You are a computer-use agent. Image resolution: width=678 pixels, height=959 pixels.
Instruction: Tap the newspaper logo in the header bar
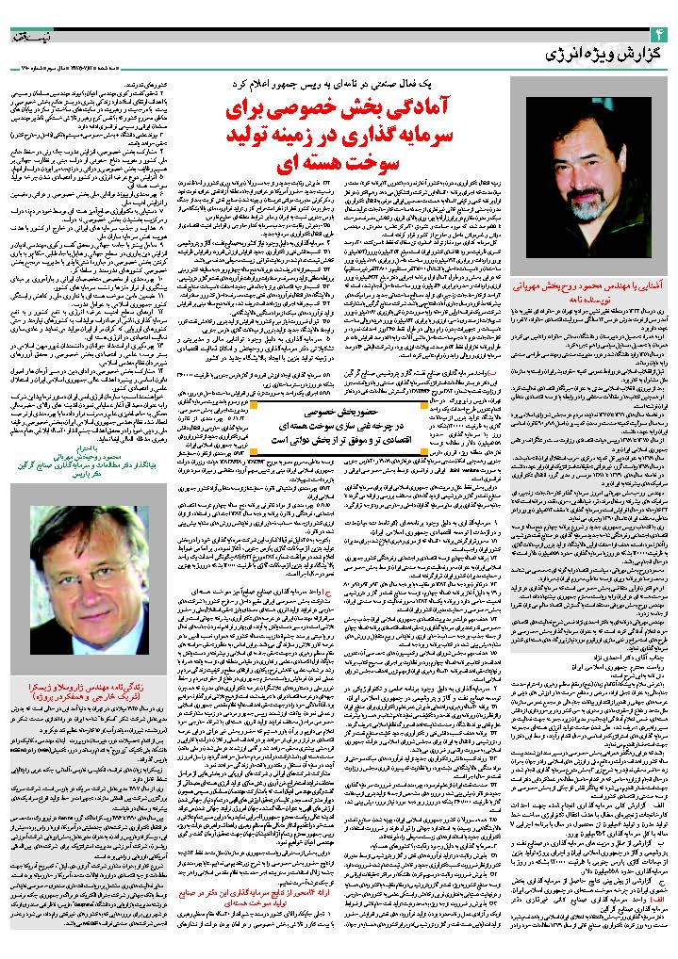pyautogui.click(x=28, y=16)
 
